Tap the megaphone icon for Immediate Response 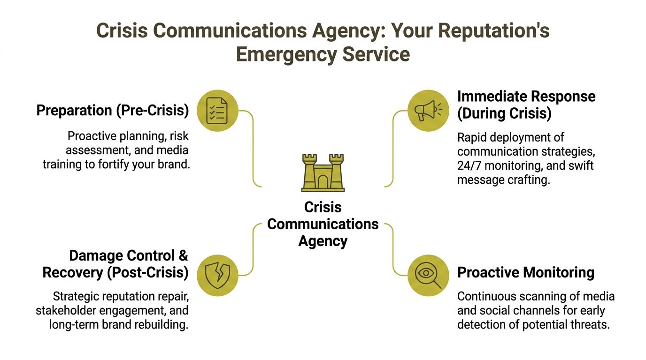click(428, 111)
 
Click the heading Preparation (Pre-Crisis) click(113, 111)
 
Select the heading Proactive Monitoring click(526, 272)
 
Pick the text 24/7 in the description click(471, 165)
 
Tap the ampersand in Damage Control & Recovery click(183, 255)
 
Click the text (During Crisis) click(505, 113)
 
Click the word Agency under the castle click(323, 241)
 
